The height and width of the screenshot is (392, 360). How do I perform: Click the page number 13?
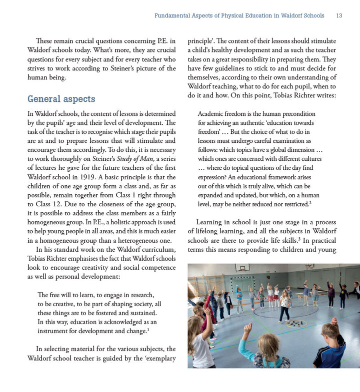tap(339, 16)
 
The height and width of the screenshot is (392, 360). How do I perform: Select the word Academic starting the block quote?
tap(211, 114)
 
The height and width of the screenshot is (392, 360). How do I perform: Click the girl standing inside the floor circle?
tap(285, 306)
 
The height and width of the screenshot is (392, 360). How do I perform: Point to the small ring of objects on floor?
tap(296, 323)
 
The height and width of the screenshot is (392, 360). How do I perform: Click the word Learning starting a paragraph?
tap(210, 222)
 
